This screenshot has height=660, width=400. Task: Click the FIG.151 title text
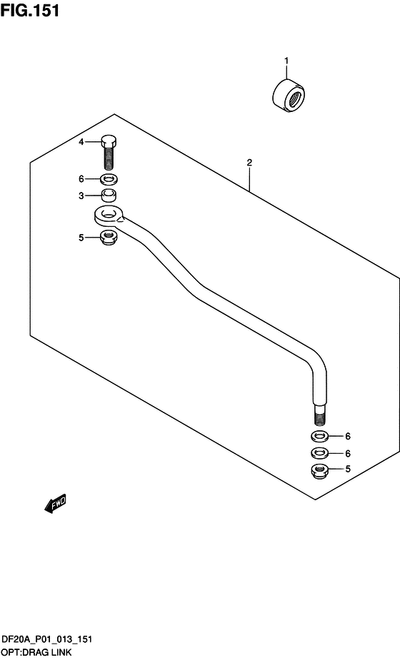point(29,10)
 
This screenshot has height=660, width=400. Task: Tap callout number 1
point(286,61)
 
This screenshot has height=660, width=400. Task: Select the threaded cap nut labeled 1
point(289,96)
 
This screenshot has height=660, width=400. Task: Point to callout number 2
point(249,163)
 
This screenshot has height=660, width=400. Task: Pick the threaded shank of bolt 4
point(109,158)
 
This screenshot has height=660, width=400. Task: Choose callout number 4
point(81,142)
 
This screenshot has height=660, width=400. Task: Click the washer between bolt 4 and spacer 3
point(109,180)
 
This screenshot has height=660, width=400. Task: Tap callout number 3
point(81,196)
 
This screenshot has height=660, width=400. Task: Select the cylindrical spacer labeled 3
point(109,196)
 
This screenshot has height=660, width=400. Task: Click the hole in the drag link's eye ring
point(109,216)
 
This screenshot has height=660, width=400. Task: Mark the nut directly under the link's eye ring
point(109,238)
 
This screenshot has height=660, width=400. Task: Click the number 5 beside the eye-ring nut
point(81,238)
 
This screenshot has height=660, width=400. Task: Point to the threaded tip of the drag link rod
point(321,417)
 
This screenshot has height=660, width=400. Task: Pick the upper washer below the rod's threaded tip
point(320,437)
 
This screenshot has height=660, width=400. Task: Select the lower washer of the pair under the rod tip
point(320,453)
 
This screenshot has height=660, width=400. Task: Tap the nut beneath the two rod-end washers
point(320,469)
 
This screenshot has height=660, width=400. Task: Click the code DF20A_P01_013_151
point(47,640)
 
